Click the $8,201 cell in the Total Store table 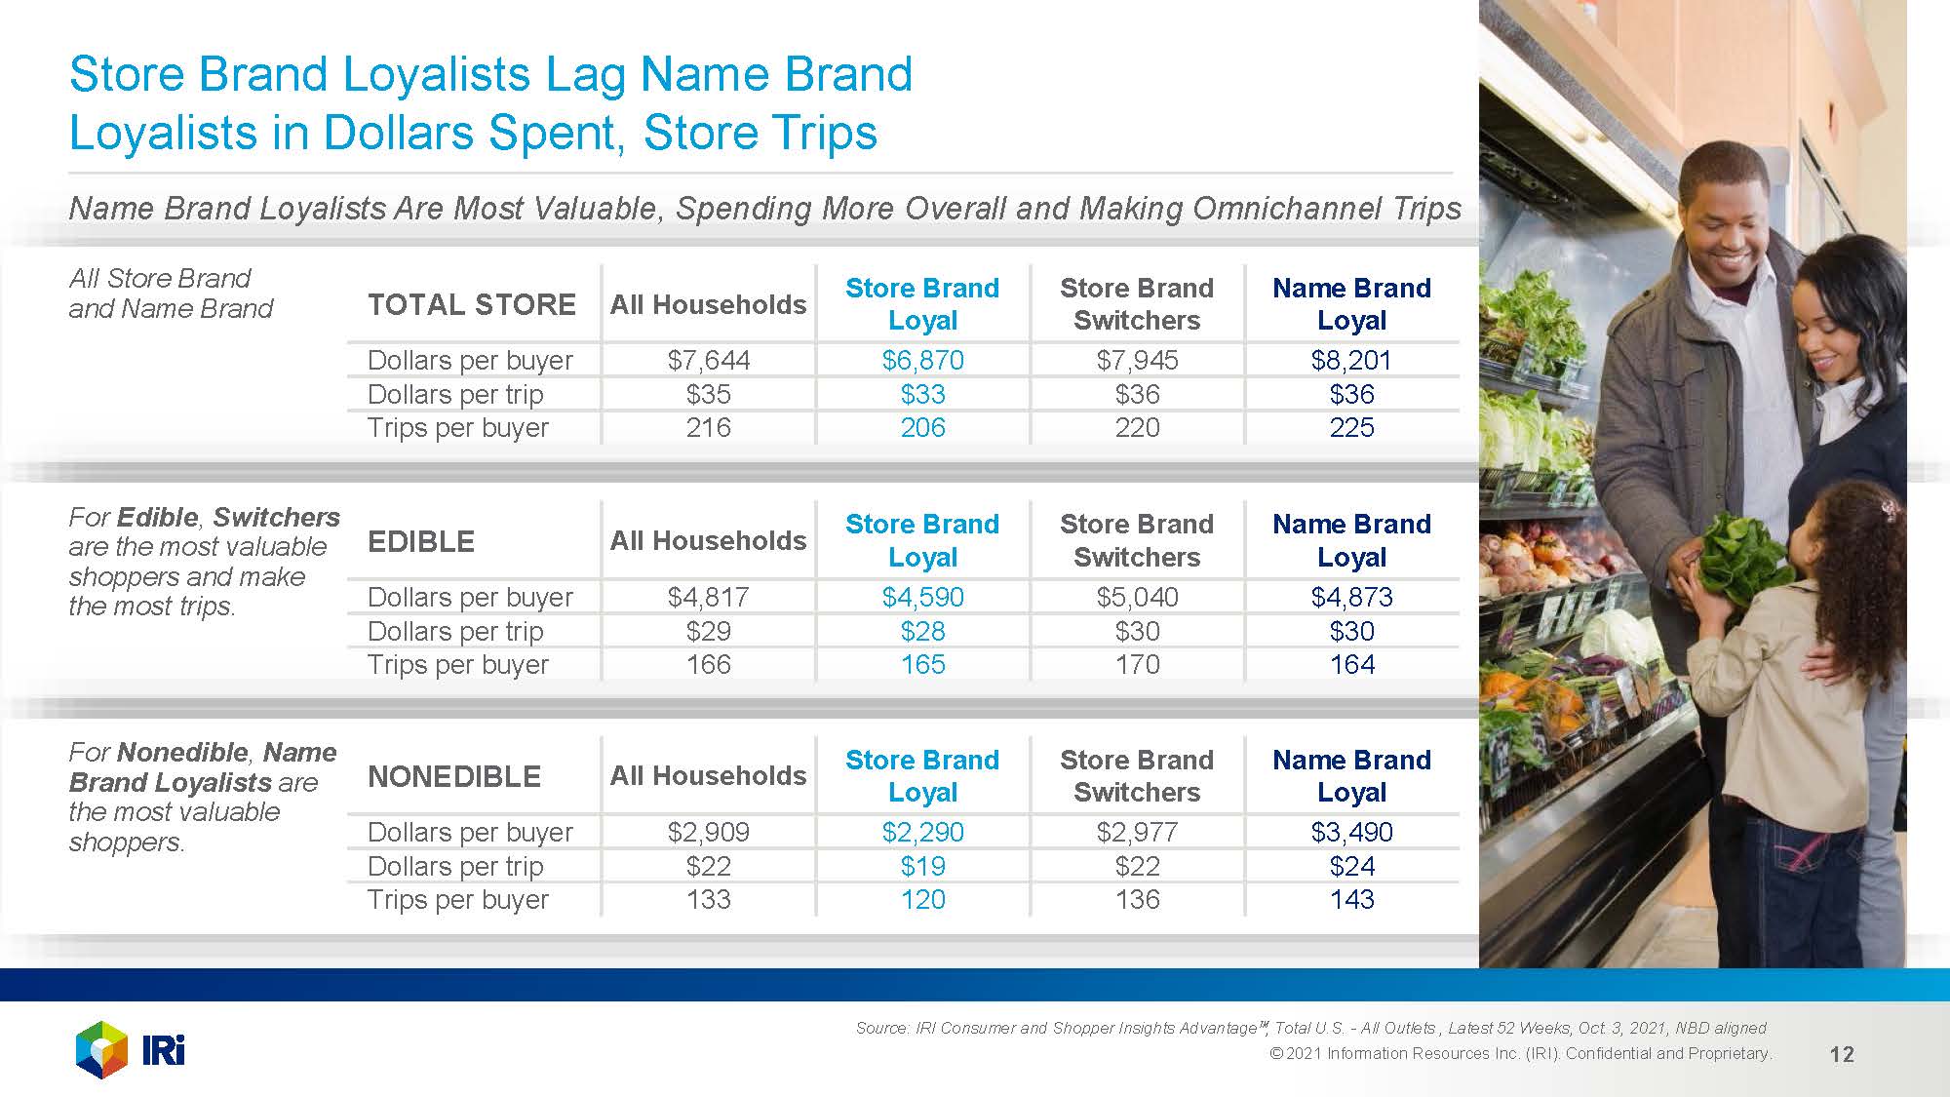(1351, 361)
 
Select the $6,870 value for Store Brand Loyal (922, 361)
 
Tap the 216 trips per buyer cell (708, 428)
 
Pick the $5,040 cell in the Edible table (1137, 597)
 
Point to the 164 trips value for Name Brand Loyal (1351, 665)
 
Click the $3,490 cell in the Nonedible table (1351, 832)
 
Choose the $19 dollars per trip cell (922, 866)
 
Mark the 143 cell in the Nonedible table (1351, 899)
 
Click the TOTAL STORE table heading (472, 304)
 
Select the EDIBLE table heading (421, 541)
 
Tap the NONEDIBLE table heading (454, 777)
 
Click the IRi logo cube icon (101, 1049)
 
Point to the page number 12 (1842, 1054)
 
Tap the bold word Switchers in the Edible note (276, 517)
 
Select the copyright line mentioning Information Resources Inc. (1520, 1053)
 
